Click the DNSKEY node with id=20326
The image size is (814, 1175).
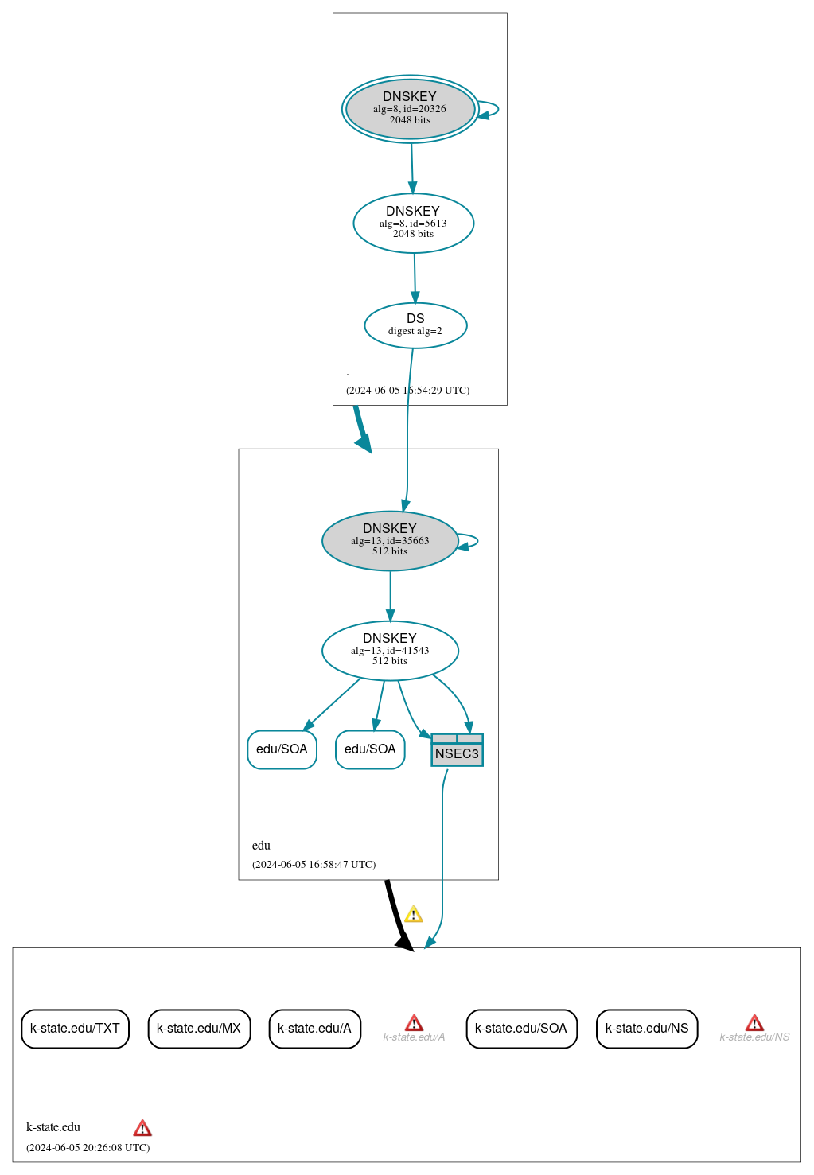pyautogui.click(x=410, y=109)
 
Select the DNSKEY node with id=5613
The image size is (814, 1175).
pyautogui.click(x=413, y=224)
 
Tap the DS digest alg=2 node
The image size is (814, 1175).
pyautogui.click(x=415, y=325)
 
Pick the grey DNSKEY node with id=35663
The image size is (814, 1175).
pyautogui.click(x=390, y=541)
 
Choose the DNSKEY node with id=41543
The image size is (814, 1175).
pyautogui.click(x=390, y=651)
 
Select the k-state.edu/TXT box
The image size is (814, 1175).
pyautogui.click(x=75, y=1029)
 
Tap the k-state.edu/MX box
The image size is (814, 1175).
pyautogui.click(x=199, y=1029)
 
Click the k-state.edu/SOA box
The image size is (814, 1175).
pyautogui.click(x=521, y=1029)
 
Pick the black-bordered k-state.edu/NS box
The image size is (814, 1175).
pyautogui.click(x=647, y=1029)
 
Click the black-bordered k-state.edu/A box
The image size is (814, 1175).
pyautogui.click(x=314, y=1029)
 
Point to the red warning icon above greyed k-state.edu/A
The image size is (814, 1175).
pyautogui.click(x=414, y=1023)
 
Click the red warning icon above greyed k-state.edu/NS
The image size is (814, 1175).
pyautogui.click(x=754, y=1023)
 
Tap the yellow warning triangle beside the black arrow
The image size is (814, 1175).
pyautogui.click(x=413, y=915)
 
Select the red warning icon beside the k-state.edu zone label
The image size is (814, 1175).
pyautogui.click(x=142, y=1128)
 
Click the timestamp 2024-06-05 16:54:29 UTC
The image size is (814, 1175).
pyautogui.click(x=407, y=391)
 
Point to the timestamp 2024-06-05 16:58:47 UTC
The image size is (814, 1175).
pyautogui.click(x=314, y=865)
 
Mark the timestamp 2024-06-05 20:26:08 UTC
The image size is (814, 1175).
pyautogui.click(x=88, y=1148)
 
